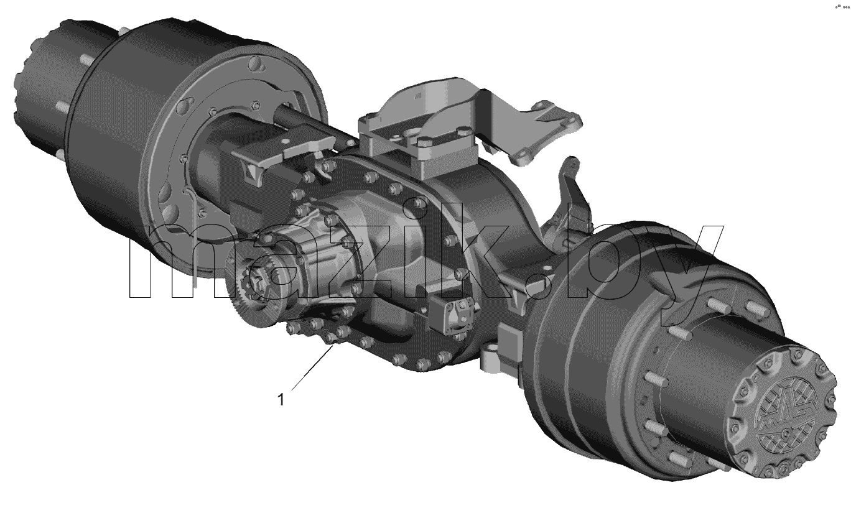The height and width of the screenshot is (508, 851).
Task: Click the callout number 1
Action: [x=281, y=400]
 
